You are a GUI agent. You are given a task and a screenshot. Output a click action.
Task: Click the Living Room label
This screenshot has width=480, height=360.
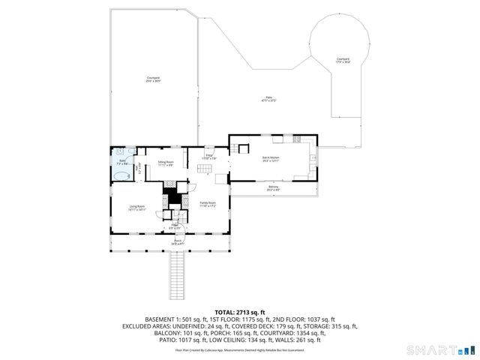pyautogui.click(x=136, y=208)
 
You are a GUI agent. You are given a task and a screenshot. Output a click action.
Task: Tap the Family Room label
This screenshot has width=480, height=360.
pyautogui.click(x=207, y=203)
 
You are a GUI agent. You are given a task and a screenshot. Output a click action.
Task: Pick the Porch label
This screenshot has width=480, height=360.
pyautogui.click(x=178, y=242)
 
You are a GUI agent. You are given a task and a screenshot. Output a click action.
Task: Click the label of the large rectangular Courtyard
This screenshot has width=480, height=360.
pyautogui.click(x=153, y=79)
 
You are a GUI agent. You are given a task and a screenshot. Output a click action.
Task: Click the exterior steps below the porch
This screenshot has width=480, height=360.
pyautogui.click(x=178, y=274)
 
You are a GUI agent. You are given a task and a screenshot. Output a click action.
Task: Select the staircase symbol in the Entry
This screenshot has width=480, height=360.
pyautogui.click(x=204, y=171)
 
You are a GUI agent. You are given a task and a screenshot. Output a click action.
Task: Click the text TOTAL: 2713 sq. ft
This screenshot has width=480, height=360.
pyautogui.click(x=239, y=312)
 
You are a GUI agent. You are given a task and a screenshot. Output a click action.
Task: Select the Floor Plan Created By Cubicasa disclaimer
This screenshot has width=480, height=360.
pyautogui.click(x=240, y=349)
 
